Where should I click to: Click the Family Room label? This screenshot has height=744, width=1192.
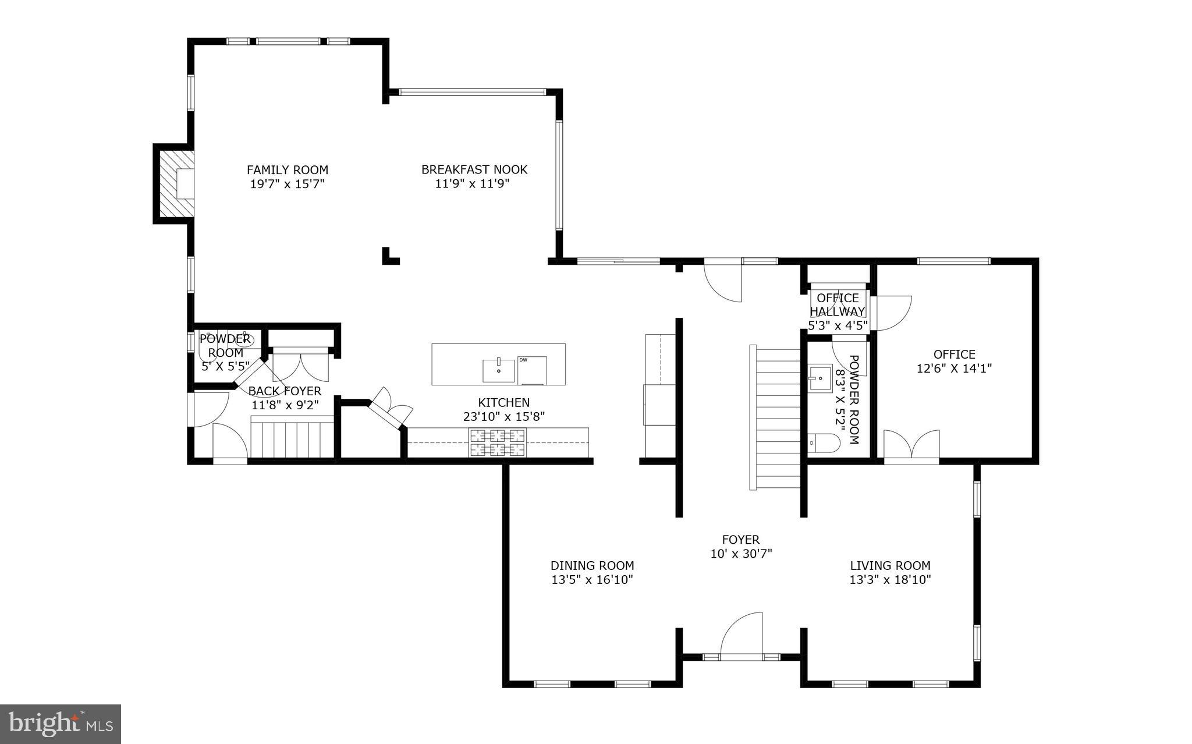(287, 170)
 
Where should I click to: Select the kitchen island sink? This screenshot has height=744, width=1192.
(498, 370)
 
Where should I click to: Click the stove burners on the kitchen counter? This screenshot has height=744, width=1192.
(498, 442)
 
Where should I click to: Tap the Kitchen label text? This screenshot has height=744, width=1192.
(503, 402)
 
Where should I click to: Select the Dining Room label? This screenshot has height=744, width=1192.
(592, 565)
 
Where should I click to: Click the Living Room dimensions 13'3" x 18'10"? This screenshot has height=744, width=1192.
(890, 580)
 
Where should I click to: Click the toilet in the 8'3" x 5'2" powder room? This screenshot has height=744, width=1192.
(824, 444)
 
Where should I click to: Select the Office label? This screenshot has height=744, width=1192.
(954, 354)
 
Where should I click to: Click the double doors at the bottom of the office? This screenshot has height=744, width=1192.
(911, 447)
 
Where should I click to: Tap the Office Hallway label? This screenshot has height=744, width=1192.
(838, 305)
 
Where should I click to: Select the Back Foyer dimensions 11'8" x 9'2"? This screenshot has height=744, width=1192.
(285, 405)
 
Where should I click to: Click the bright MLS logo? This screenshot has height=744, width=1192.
(61, 724)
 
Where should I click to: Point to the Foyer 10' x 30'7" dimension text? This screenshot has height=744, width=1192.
(741, 554)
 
